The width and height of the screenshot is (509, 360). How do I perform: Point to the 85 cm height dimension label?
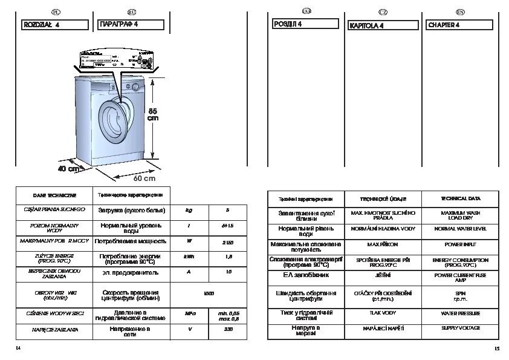click(x=153, y=114)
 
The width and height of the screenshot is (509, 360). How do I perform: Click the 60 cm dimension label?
click(x=144, y=178)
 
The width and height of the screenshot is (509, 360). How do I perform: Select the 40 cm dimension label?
click(x=68, y=169)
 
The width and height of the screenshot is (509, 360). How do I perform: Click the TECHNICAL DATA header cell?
click(x=461, y=198)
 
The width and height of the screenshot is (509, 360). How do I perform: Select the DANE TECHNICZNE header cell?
click(x=54, y=195)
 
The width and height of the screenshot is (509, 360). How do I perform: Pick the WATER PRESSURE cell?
click(x=461, y=313)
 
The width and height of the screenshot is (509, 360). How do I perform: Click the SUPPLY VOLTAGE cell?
click(x=461, y=328)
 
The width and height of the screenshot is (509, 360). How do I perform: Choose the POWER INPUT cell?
click(x=461, y=245)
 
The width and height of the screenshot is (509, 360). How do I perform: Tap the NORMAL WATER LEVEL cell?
click(x=461, y=229)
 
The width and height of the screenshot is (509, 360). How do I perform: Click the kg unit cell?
click(x=189, y=211)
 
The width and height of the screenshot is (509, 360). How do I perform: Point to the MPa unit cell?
click(x=189, y=315)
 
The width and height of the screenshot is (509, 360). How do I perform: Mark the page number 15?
click(x=496, y=348)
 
